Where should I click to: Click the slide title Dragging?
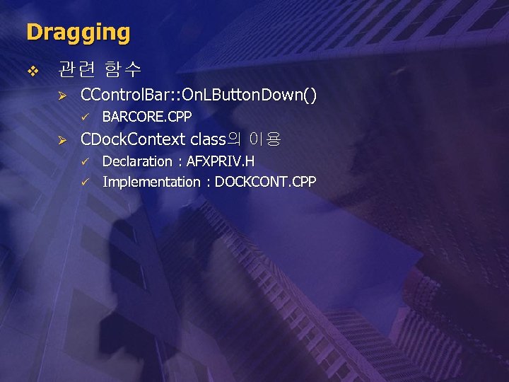tap(78, 33)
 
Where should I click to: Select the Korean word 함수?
tap(122, 70)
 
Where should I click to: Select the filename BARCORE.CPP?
tap(147, 117)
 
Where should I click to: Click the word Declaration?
tap(137, 161)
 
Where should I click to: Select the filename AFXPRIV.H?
tap(221, 161)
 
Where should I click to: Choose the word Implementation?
tap(151, 182)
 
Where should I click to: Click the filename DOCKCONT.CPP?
tap(266, 182)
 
